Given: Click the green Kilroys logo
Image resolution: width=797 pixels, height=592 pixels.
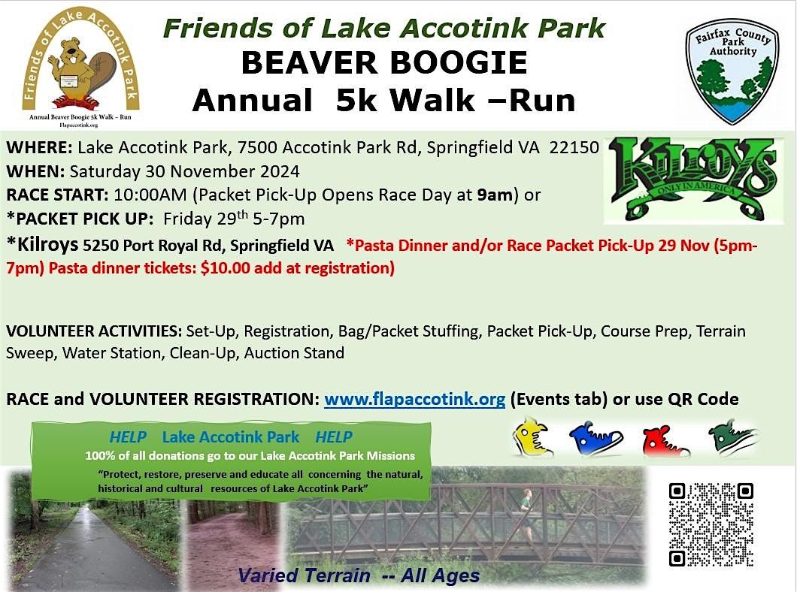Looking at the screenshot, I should [x=692, y=178].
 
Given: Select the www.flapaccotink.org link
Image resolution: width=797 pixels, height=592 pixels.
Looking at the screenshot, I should [x=414, y=399].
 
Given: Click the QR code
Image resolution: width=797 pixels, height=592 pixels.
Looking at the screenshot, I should [x=711, y=524].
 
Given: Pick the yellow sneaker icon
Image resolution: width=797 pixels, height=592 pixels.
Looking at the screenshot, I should [x=533, y=438].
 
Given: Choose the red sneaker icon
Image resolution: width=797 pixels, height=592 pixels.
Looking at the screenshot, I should [x=665, y=440].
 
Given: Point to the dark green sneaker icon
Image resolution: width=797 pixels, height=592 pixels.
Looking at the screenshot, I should [x=732, y=438].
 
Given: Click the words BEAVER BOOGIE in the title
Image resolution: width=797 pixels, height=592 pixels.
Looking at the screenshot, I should [x=383, y=63].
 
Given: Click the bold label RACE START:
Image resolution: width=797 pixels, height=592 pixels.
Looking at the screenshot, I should [x=57, y=195].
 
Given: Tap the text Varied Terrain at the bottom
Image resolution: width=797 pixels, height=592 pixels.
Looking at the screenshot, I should [x=305, y=576].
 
